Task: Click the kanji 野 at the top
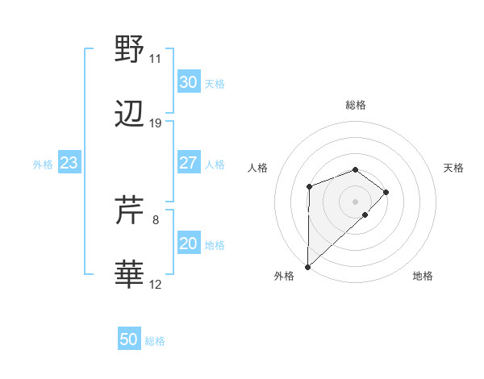pyautogui.click(x=130, y=49)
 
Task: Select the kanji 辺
pyautogui.click(x=130, y=115)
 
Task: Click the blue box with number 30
pyautogui.click(x=188, y=81)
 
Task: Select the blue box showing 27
pyautogui.click(x=188, y=163)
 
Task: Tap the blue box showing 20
pyautogui.click(x=188, y=244)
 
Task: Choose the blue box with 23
pyautogui.click(x=69, y=163)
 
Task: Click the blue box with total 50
pyautogui.click(x=129, y=339)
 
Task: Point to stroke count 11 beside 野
pyautogui.click(x=155, y=59)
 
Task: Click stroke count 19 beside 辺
pyautogui.click(x=155, y=123)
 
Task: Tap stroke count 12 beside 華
pyautogui.click(x=156, y=285)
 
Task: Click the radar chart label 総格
pyautogui.click(x=356, y=105)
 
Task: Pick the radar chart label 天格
pyautogui.click(x=454, y=168)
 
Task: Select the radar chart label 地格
pyautogui.click(x=423, y=277)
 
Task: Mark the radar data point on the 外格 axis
pyautogui.click(x=307, y=266)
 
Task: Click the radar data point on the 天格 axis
pyautogui.click(x=386, y=192)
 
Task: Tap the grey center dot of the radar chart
pyautogui.click(x=356, y=201)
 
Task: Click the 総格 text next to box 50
pyautogui.click(x=155, y=340)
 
